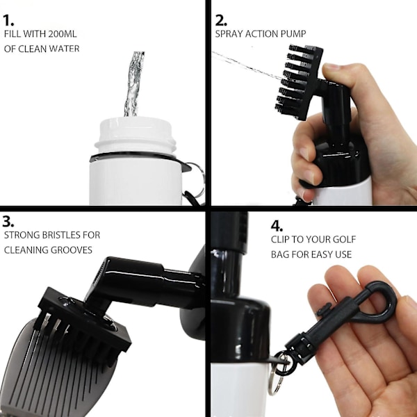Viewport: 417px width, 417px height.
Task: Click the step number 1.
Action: [8, 20]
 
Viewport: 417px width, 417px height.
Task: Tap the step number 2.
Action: [221, 20]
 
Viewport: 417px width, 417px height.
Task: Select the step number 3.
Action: [8, 221]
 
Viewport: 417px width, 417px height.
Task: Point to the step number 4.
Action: [277, 226]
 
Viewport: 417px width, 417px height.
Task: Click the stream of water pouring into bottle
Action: [133, 84]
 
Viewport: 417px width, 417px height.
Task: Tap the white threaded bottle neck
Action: [135, 136]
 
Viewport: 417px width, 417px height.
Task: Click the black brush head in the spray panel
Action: [299, 82]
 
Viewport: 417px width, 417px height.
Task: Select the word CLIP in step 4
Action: [280, 239]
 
